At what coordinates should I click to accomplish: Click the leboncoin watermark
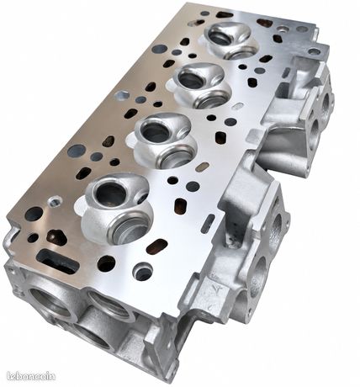(31, 375)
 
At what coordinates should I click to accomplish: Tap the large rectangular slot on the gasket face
(56, 262)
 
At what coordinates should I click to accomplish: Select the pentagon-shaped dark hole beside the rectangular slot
(56, 238)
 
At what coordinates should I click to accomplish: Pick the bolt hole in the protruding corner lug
(314, 51)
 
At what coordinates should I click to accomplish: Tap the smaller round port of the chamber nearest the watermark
(110, 193)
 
